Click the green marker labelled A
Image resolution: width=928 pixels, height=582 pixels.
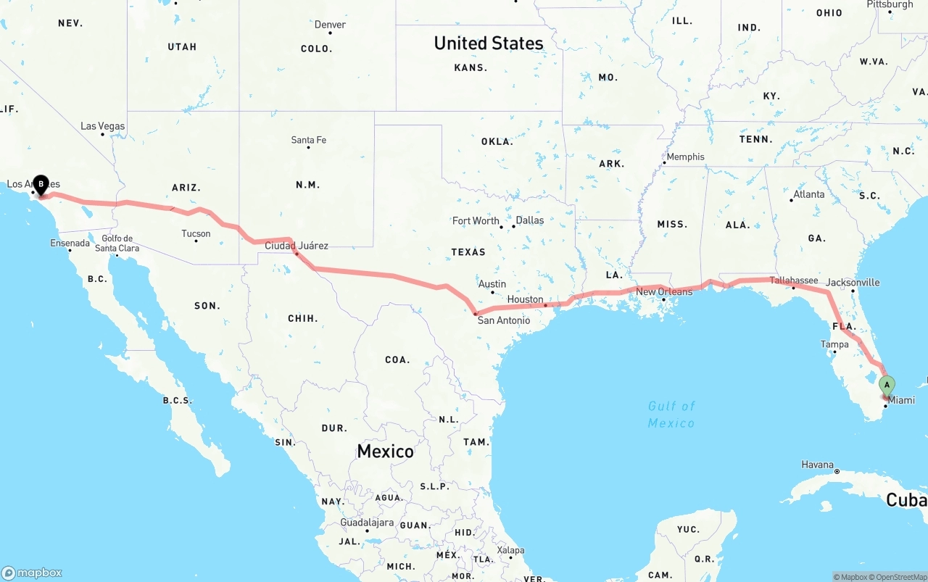click(x=886, y=385)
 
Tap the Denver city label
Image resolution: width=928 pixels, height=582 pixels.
click(x=330, y=25)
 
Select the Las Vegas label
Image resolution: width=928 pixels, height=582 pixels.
click(x=102, y=126)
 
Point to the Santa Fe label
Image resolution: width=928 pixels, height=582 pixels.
click(x=309, y=140)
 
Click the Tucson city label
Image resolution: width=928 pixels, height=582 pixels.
click(x=196, y=233)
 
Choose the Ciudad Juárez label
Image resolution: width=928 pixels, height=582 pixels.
click(x=296, y=246)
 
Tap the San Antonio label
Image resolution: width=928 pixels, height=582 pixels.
click(x=503, y=320)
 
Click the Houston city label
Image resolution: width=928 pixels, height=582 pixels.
click(x=525, y=299)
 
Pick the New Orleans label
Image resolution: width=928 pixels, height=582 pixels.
click(x=664, y=291)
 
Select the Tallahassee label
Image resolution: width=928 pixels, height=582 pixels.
click(x=793, y=280)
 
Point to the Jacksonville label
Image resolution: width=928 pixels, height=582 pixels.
click(x=853, y=283)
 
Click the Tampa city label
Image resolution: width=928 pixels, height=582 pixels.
click(x=834, y=344)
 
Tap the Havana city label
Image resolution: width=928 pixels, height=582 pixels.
click(x=817, y=465)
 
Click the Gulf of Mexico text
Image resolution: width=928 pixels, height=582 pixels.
click(x=671, y=414)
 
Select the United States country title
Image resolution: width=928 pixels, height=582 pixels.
click(x=488, y=43)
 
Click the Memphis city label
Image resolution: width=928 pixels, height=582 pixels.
click(x=685, y=157)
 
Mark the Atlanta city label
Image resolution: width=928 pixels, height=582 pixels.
click(x=808, y=194)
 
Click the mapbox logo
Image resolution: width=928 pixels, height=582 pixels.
click(x=32, y=573)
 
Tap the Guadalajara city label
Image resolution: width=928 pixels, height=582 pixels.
click(x=367, y=523)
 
